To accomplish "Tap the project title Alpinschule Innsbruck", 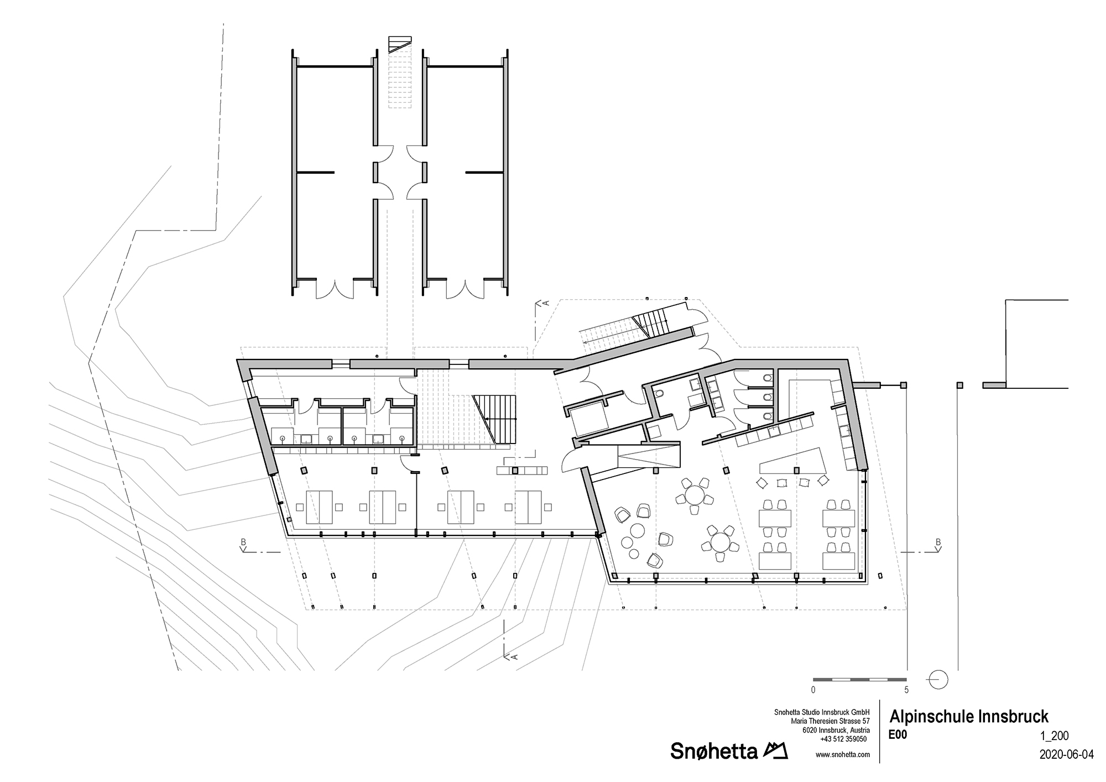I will click(968, 717).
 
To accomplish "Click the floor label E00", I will click(898, 735).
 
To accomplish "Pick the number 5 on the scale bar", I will click(906, 690).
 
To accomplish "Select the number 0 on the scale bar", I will click(813, 690).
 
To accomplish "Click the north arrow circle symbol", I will click(938, 679).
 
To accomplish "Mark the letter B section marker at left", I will click(243, 542).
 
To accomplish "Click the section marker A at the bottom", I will click(513, 656).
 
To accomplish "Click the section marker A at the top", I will click(544, 303).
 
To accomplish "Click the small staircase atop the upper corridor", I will click(399, 44).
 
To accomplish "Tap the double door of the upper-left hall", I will click(334, 289).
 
